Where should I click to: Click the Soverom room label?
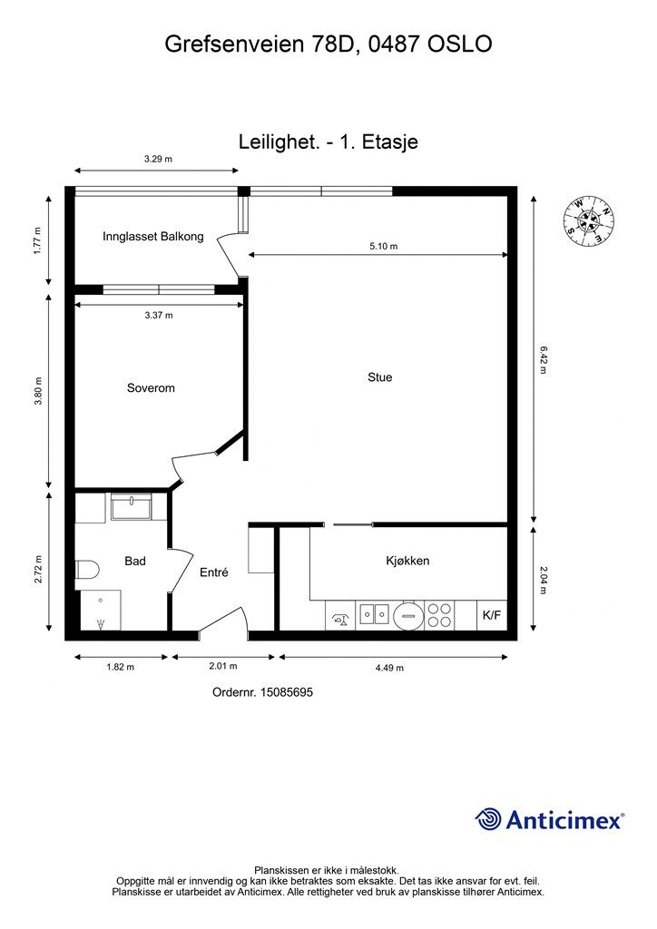point(151,388)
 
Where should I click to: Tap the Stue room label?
point(379,377)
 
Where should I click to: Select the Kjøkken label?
point(407,561)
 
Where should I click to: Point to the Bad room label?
point(135,561)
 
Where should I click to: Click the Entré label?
point(214,572)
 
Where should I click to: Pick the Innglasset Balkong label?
point(152,237)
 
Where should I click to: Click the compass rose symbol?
point(588,221)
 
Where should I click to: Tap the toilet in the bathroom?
point(87,570)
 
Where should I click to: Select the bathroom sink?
point(131,506)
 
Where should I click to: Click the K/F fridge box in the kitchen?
point(492,615)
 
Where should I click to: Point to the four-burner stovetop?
point(439,615)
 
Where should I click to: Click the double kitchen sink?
point(375,614)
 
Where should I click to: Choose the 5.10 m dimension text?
point(383,246)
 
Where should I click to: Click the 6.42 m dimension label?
point(543,359)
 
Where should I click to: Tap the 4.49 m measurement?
point(389,668)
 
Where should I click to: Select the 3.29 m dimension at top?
point(158,159)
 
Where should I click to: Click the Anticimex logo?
point(549,819)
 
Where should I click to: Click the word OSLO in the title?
point(460,44)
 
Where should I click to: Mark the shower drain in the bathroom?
point(101,622)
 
